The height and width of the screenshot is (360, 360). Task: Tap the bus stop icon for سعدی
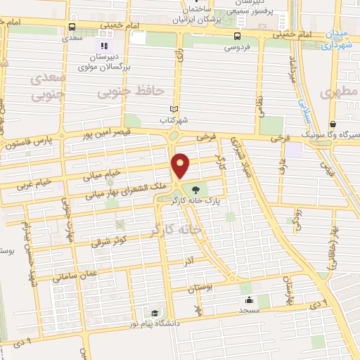pyautogui.click(x=71, y=27)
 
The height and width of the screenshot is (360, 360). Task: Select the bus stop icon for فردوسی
pyautogui.click(x=237, y=35)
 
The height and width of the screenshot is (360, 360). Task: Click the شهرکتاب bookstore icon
pyautogui.click(x=173, y=109)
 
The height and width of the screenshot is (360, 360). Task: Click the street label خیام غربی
pyautogui.click(x=34, y=184)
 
